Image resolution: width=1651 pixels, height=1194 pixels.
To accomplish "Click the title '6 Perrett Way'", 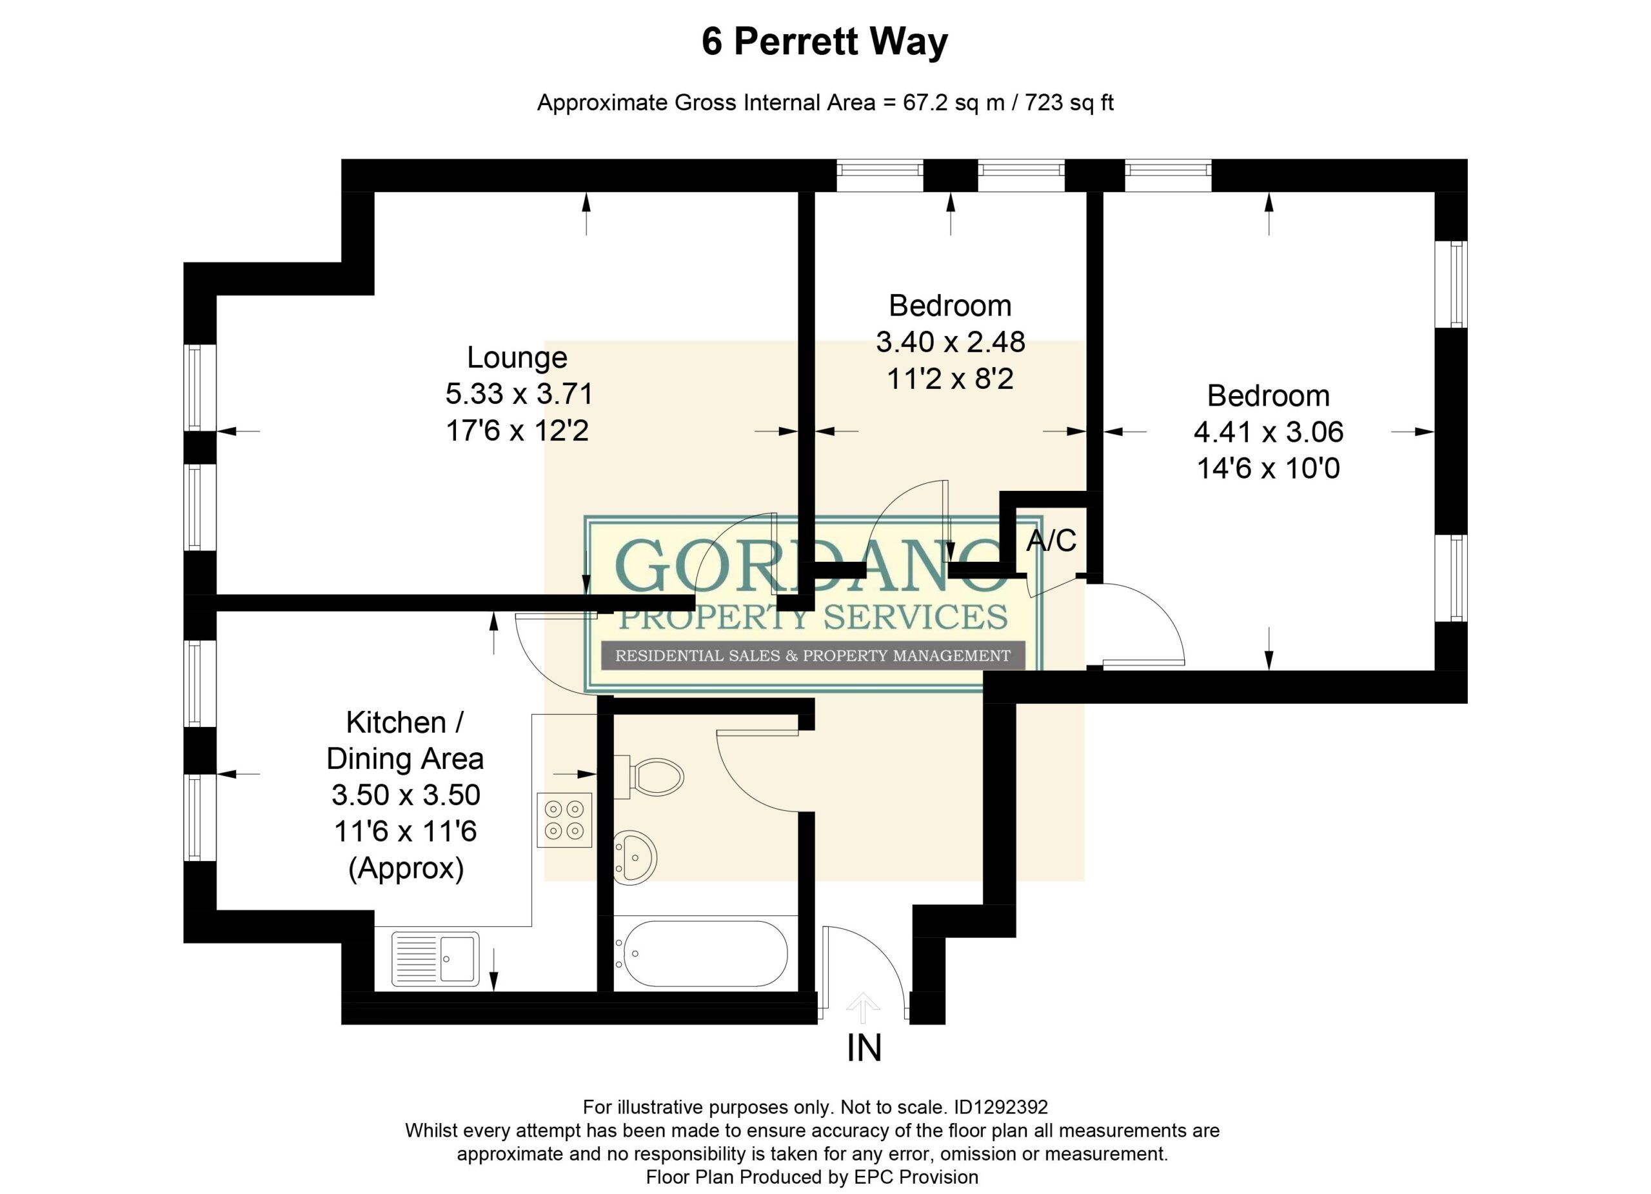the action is (824, 41).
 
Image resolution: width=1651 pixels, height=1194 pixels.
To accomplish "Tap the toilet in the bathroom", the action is (649, 777).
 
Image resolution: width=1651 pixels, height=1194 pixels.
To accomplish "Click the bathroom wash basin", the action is (635, 859).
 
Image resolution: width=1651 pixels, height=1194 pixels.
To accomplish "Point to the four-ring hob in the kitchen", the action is (564, 820).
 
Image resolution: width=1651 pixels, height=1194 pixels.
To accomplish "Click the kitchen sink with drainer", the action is (435, 958).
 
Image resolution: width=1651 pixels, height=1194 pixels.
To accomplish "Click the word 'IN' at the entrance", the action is (864, 1048).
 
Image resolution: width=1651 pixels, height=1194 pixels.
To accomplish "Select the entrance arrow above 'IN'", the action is (864, 1009).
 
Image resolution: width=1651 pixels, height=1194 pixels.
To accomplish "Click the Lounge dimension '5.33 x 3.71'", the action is (519, 394).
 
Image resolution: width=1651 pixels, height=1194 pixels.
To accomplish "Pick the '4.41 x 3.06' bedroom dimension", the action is (1268, 432).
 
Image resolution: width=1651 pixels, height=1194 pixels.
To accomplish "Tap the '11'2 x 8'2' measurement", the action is (950, 379).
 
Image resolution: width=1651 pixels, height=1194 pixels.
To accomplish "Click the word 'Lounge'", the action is (517, 357).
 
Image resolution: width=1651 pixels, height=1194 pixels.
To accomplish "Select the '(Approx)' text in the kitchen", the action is (406, 868).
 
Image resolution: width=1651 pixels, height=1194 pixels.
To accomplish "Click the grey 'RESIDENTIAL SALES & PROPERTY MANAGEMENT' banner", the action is (813, 656).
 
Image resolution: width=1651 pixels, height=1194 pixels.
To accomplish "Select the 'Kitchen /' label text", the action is (405, 723).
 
